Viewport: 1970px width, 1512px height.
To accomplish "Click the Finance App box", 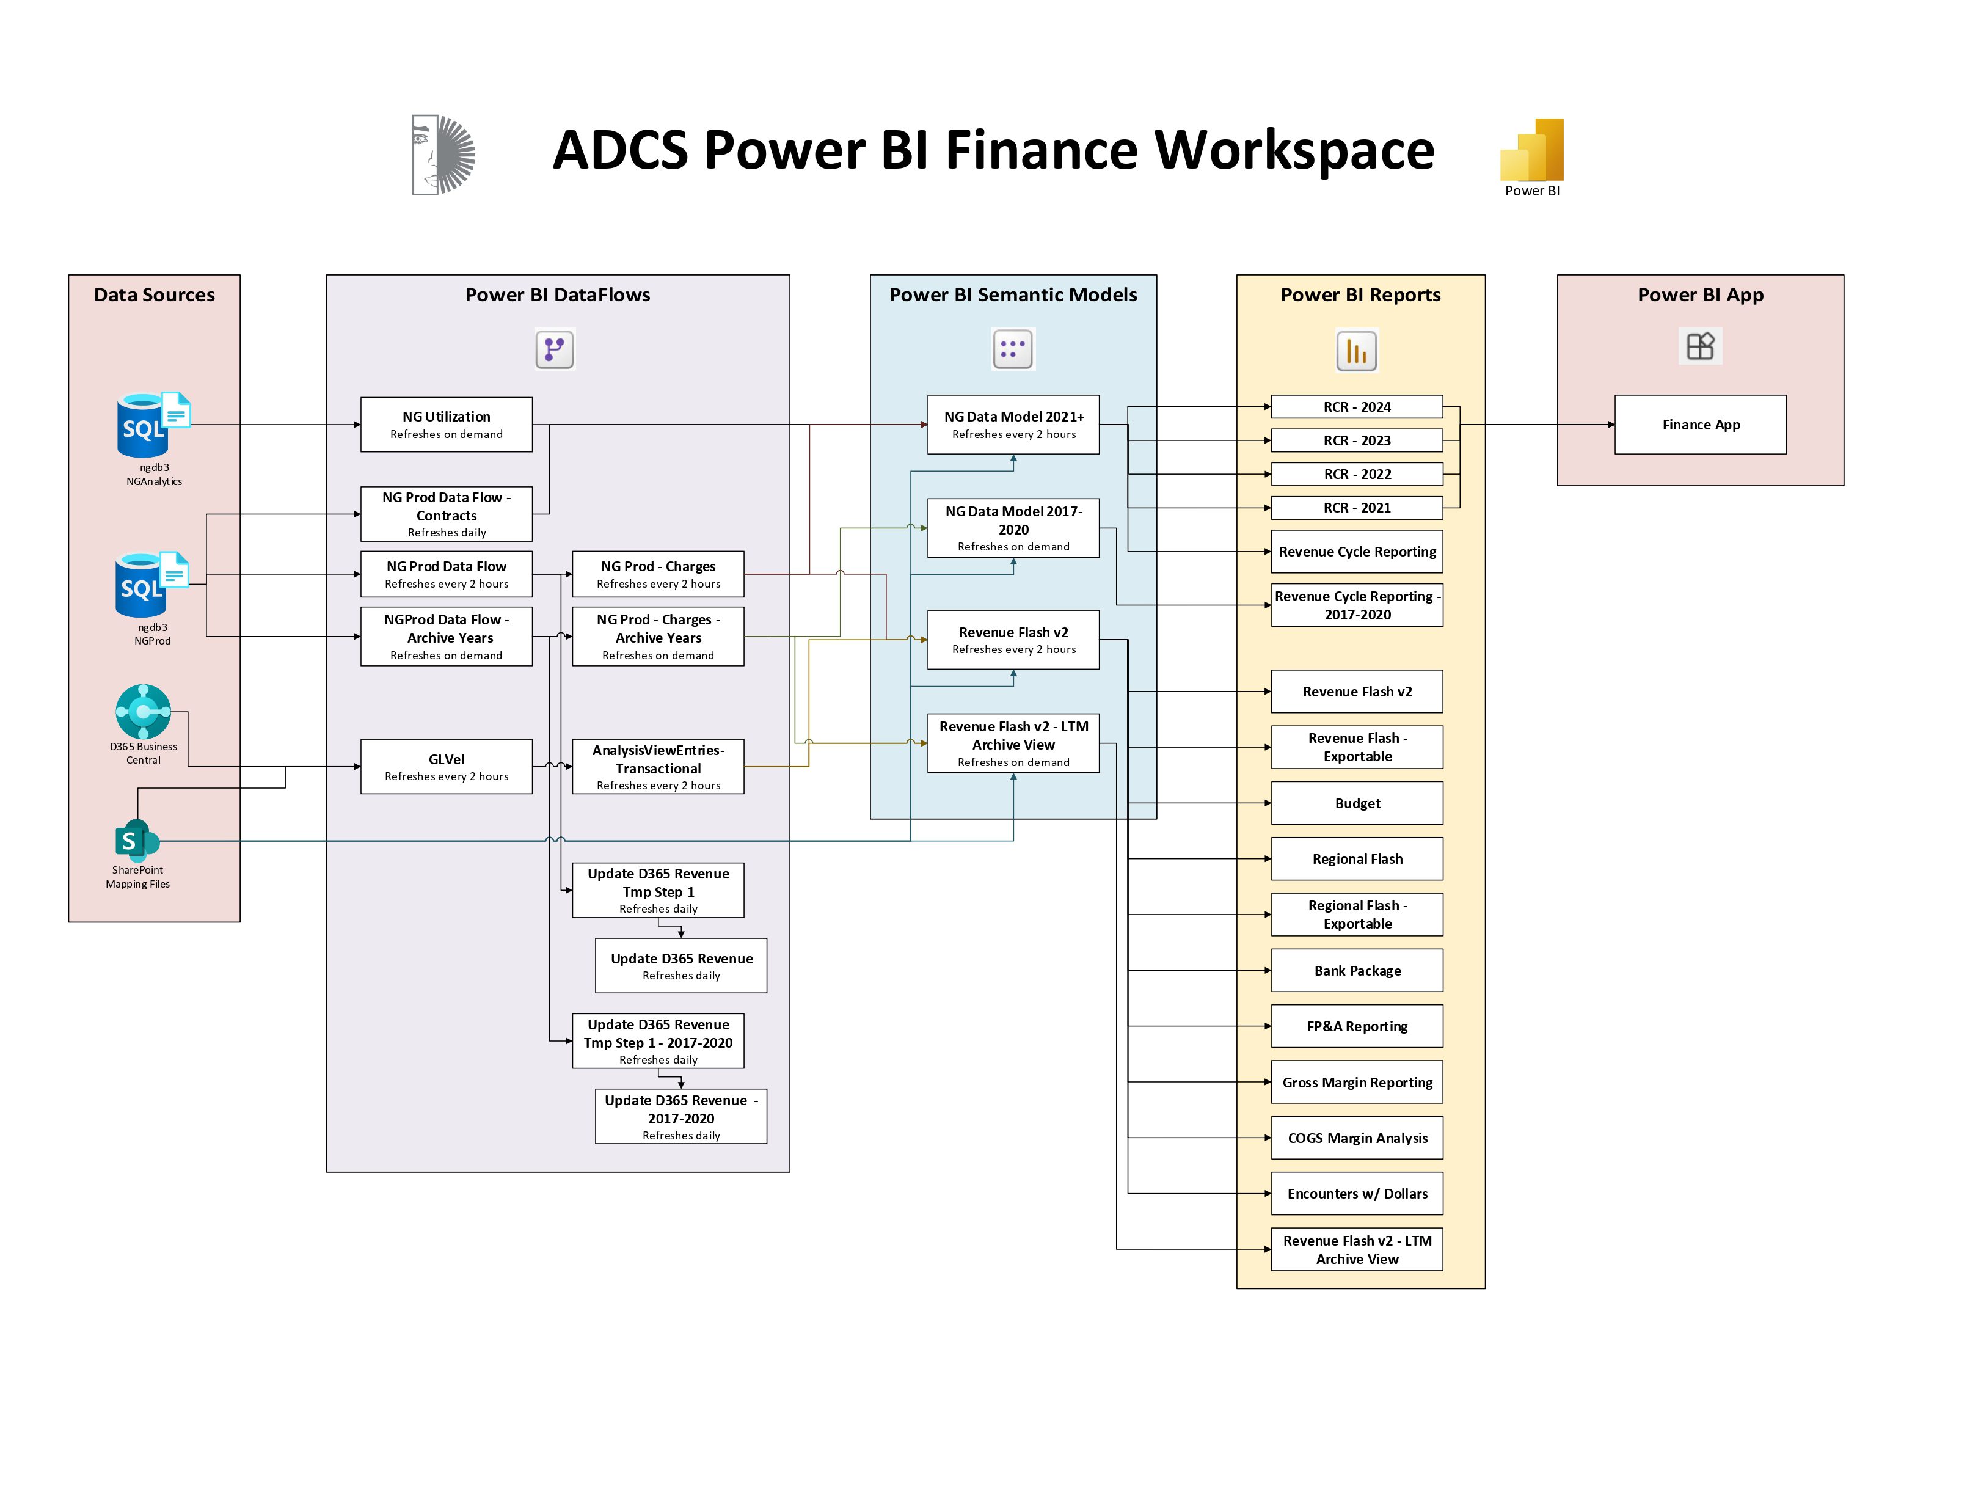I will pos(1699,424).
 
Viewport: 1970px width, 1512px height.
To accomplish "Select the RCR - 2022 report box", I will pos(1356,474).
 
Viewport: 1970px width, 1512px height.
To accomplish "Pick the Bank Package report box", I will pos(1356,970).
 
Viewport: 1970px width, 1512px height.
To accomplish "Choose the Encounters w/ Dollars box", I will pos(1356,1193).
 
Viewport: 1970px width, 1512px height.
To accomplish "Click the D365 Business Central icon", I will pos(142,711).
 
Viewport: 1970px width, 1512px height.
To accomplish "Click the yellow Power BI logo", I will pos(1532,150).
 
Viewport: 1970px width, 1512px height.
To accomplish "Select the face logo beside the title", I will pos(443,154).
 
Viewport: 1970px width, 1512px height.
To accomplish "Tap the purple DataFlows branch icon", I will pos(555,349).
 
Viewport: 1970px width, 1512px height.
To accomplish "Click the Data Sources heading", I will pos(154,294).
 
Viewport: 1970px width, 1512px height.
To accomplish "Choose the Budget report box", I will pos(1356,803).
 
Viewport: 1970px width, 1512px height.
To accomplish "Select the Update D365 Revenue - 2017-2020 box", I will pos(680,1116).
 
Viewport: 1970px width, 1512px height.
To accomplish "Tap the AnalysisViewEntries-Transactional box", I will pos(658,766).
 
